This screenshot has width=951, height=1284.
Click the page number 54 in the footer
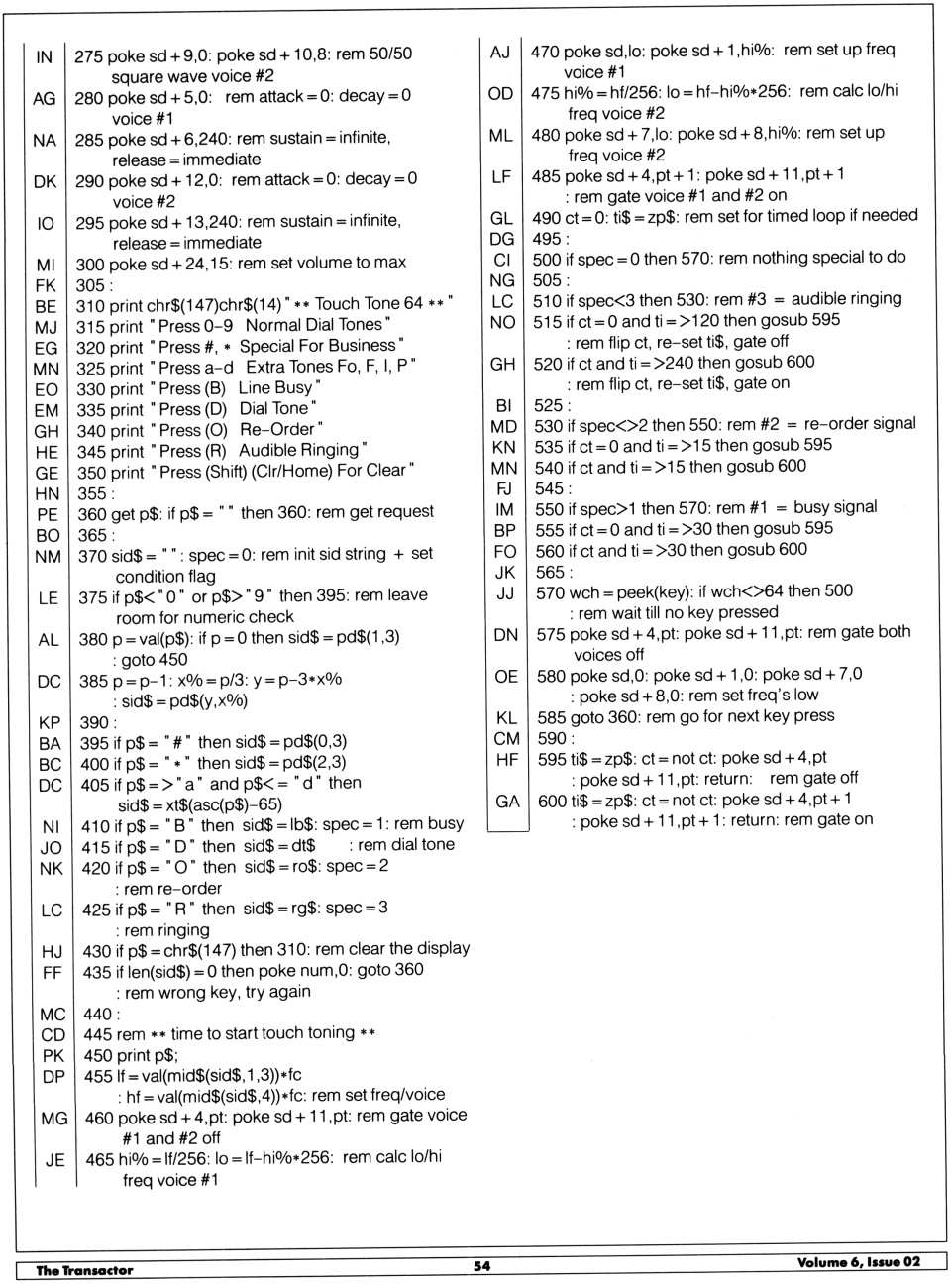tap(481, 1265)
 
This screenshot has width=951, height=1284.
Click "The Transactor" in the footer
tap(84, 1270)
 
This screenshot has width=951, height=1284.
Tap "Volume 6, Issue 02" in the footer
tap(858, 1261)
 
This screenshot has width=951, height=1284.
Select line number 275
tap(88, 55)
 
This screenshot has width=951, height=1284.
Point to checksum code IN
tap(45, 56)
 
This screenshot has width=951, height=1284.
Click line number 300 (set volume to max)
tap(90, 264)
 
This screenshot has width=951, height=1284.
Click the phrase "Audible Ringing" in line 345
tap(299, 450)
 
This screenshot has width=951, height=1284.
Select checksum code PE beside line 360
tap(47, 513)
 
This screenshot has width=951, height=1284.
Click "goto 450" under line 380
tap(155, 659)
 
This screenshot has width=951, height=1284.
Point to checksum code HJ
tap(53, 951)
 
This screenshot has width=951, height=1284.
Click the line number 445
tap(98, 1033)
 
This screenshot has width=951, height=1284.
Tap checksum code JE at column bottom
tap(54, 1159)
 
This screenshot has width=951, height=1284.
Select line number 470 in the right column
tap(545, 51)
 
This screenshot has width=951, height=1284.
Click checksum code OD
tap(500, 92)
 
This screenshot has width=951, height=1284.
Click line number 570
tap(550, 591)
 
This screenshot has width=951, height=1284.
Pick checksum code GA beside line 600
tap(507, 801)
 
